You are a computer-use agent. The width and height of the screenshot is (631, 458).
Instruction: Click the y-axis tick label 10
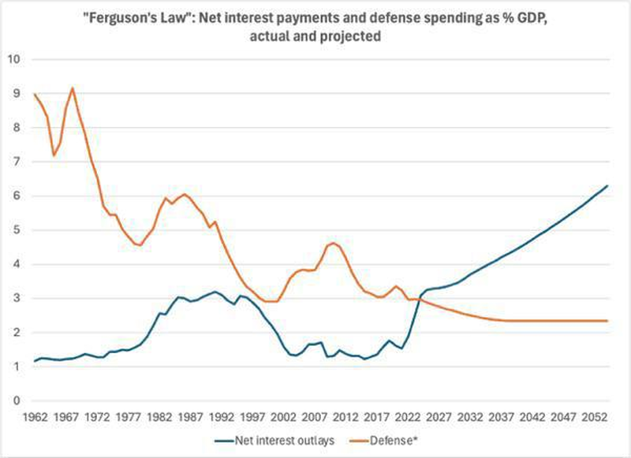pos(14,59)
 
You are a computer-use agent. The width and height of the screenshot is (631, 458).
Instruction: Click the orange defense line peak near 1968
pos(73,88)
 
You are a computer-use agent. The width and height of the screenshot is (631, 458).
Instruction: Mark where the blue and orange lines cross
pos(416,300)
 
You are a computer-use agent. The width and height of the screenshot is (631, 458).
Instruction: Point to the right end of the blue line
pos(607,185)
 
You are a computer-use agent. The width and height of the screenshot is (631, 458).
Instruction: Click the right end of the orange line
pos(607,321)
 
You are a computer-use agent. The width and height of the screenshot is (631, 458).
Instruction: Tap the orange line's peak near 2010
pos(332,243)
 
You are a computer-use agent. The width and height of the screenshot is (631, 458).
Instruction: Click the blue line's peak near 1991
pos(215,292)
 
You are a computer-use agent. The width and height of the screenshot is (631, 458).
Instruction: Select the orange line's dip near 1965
pos(54,155)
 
